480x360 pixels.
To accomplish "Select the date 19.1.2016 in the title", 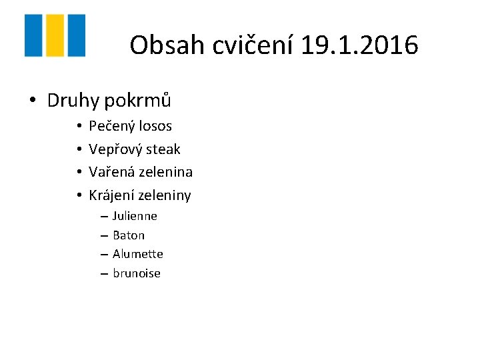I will [x=360, y=45].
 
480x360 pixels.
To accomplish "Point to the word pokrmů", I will [x=137, y=101].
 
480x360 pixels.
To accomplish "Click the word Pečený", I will [x=110, y=126].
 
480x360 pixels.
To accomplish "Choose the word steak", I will [x=162, y=149].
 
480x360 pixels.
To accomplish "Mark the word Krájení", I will [x=111, y=195].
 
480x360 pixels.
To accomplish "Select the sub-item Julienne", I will [x=135, y=216].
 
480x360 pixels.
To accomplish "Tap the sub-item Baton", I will [x=129, y=235].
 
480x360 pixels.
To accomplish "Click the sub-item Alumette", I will [x=138, y=254].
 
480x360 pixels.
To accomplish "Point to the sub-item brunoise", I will [x=137, y=273].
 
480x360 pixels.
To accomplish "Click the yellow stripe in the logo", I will [x=55, y=35].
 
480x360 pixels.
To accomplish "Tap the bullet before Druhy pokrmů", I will [x=32, y=101].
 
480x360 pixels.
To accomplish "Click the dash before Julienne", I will [x=105, y=217].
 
